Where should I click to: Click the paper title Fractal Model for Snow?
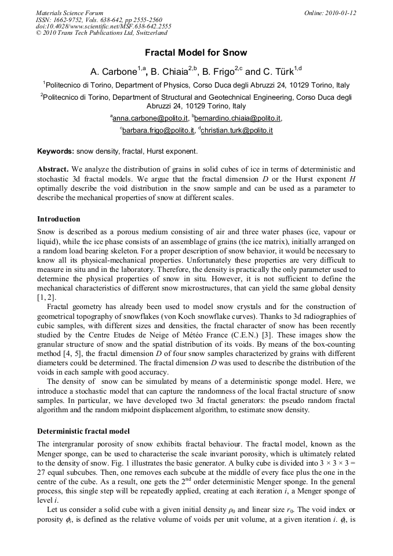tap(196, 53)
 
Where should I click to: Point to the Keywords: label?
tap(56, 152)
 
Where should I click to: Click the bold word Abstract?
tap(53, 170)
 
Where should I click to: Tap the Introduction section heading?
tap(59, 219)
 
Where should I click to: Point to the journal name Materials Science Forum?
tap(70, 13)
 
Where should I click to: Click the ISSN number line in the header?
tap(99, 20)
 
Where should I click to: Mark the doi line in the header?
tap(103, 27)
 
